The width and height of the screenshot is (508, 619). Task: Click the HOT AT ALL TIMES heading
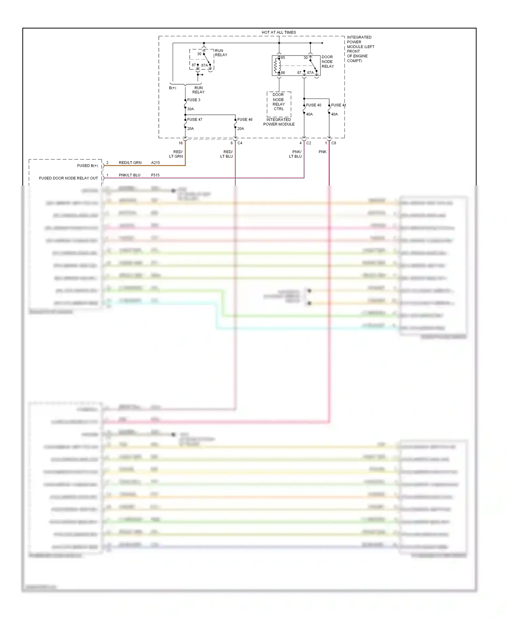pos(278,33)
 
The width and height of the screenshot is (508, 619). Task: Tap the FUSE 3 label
pos(194,100)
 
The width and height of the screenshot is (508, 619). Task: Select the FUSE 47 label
pos(195,120)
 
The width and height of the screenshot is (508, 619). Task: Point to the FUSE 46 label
pos(245,120)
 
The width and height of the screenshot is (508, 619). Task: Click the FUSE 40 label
pos(314,105)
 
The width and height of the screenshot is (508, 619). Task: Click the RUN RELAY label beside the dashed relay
pos(221,53)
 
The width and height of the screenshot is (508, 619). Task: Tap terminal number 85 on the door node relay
pos(283,58)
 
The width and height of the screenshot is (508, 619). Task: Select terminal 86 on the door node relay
pos(283,73)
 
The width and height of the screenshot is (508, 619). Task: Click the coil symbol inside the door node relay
pos(276,65)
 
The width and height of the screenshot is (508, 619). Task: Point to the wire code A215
pos(155,163)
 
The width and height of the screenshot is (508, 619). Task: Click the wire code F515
pos(155,175)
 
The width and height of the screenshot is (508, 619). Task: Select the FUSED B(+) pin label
pos(87,166)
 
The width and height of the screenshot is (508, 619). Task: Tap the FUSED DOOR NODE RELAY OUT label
pos(68,178)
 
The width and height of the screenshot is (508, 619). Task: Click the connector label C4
pos(240,143)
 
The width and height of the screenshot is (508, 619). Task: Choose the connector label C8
pos(334,143)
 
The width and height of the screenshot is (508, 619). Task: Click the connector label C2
pos(309,143)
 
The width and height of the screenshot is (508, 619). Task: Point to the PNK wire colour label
pos(322,152)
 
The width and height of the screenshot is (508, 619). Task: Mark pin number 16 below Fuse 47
pos(181,143)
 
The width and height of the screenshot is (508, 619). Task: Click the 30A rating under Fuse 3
pos(191,109)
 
